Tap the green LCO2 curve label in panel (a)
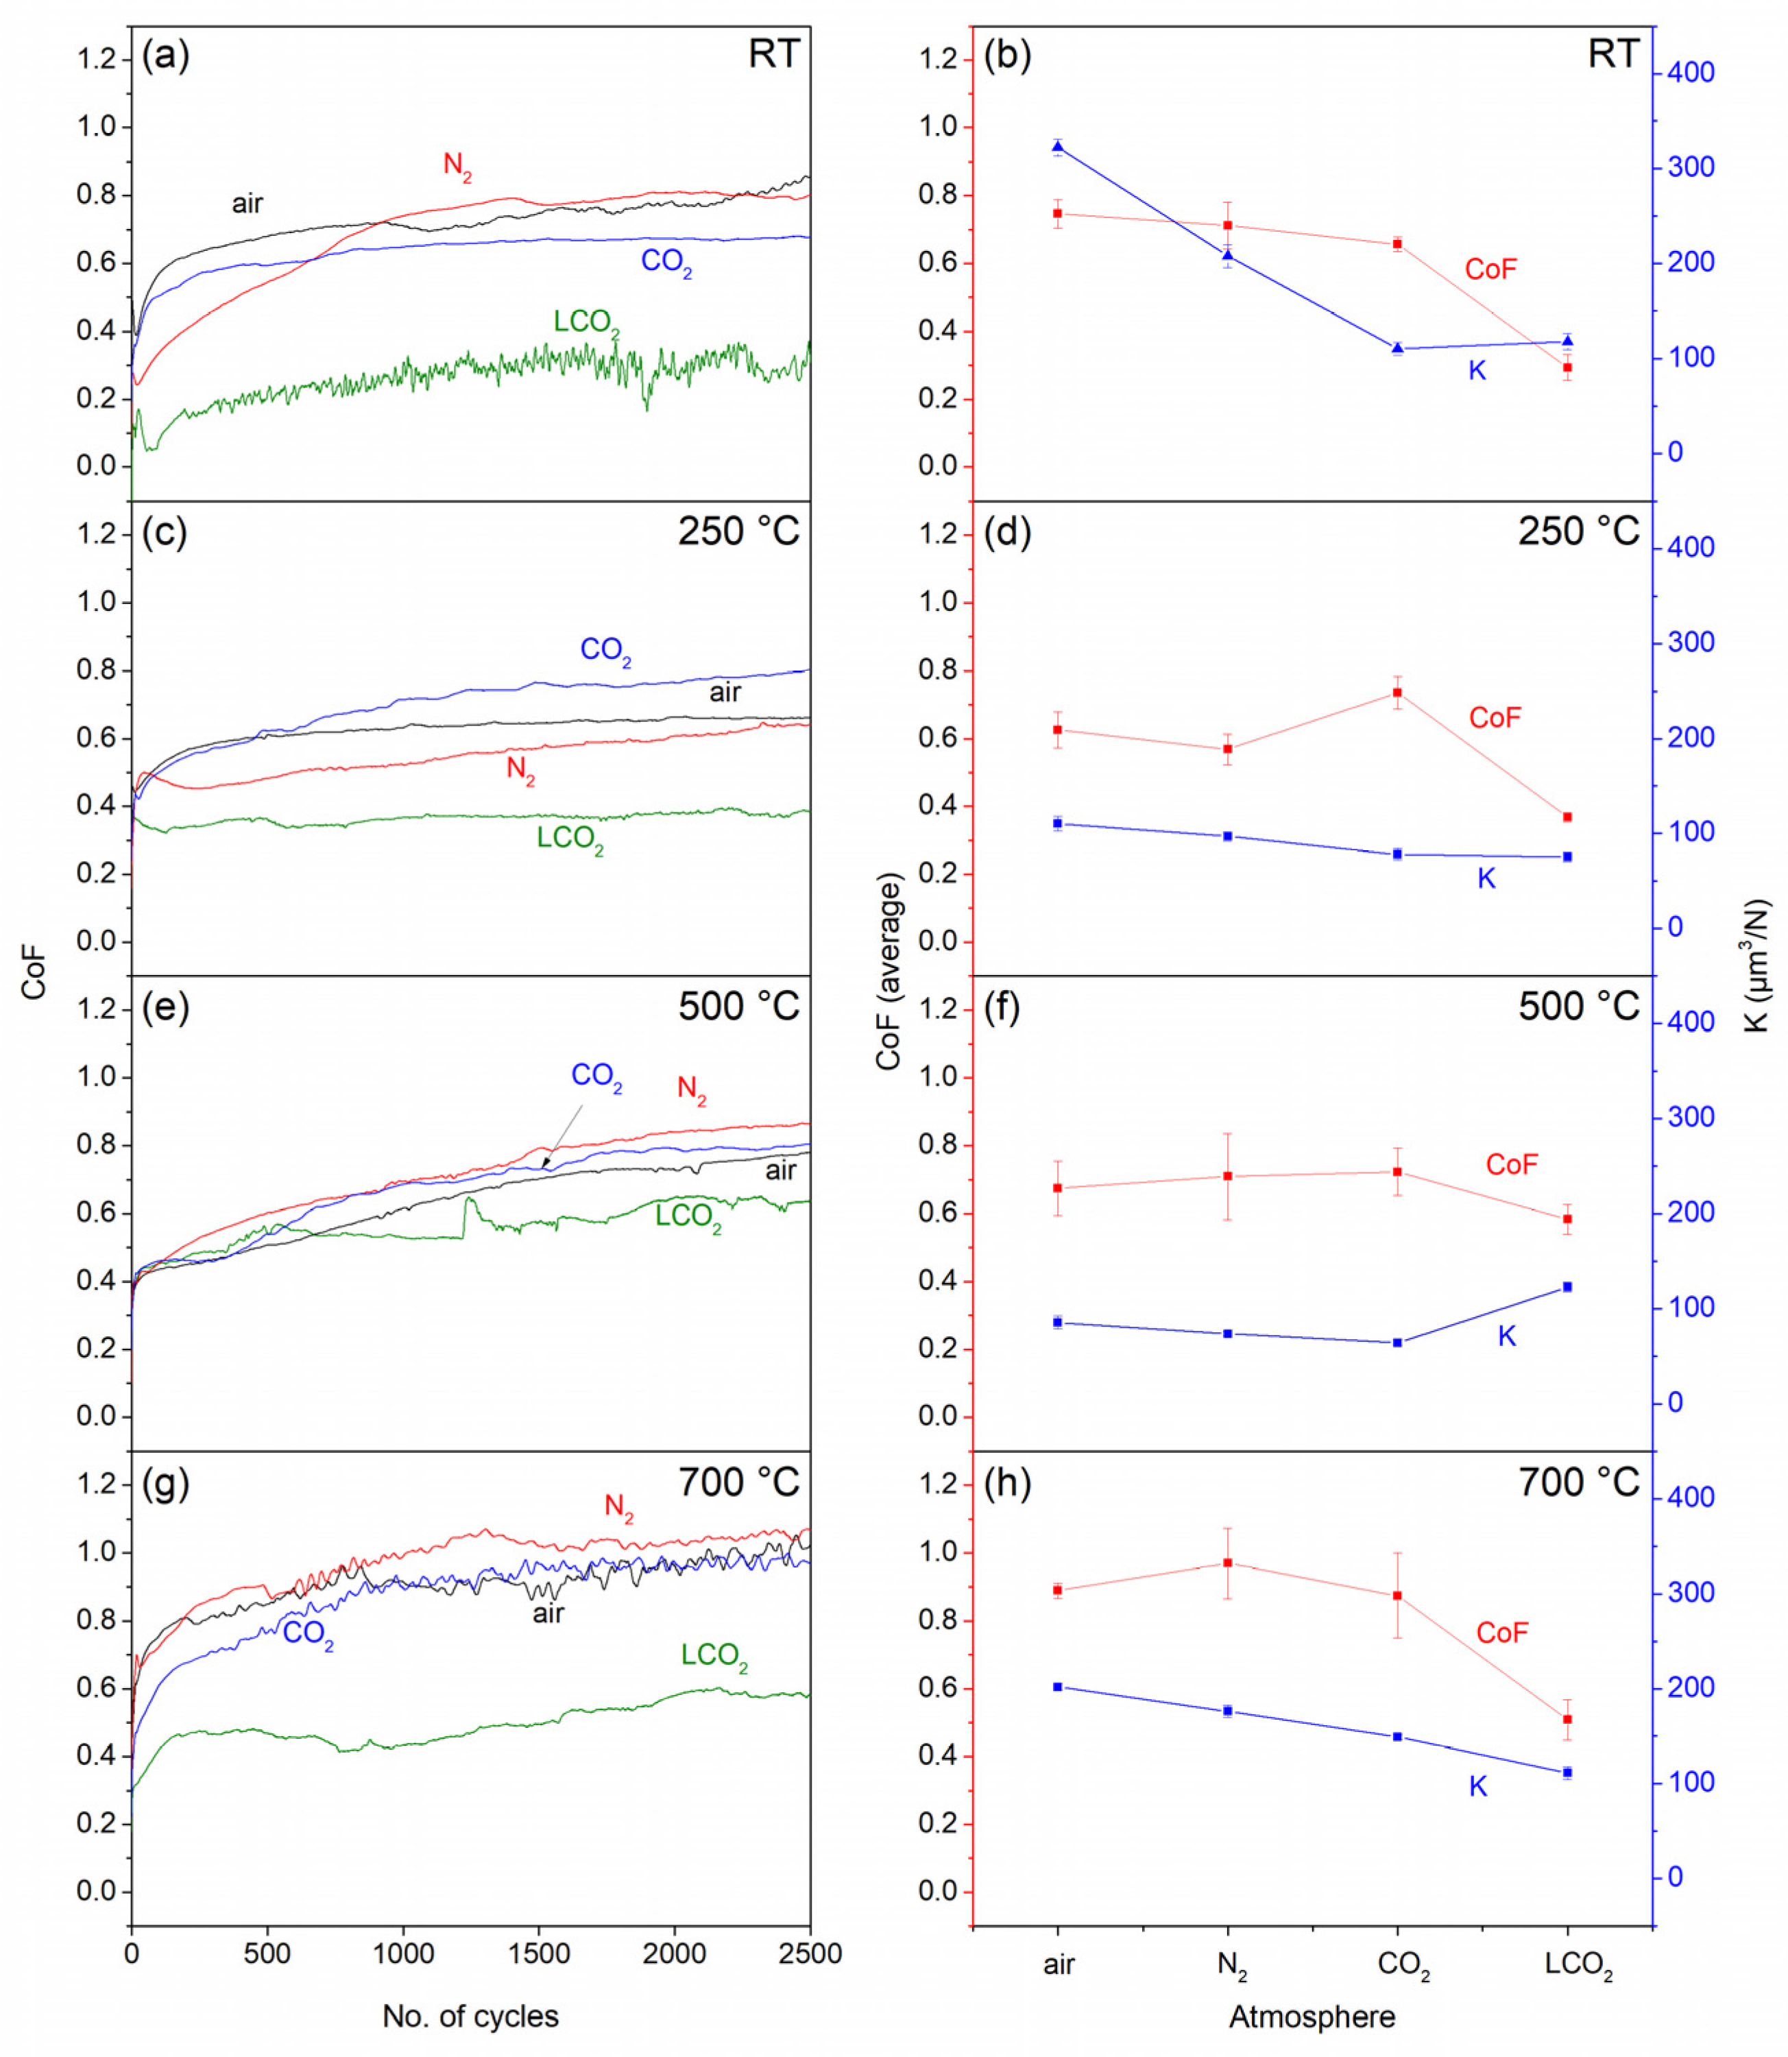pos(587,322)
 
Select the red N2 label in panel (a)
pos(457,166)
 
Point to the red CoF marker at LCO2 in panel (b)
pos(1567,368)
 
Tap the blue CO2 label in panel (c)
pos(605,651)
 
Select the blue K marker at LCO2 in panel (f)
pos(1567,1286)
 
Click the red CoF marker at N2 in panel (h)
pos(1227,1562)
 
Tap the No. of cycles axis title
pos(470,2016)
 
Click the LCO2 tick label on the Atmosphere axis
pos(1578,1965)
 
